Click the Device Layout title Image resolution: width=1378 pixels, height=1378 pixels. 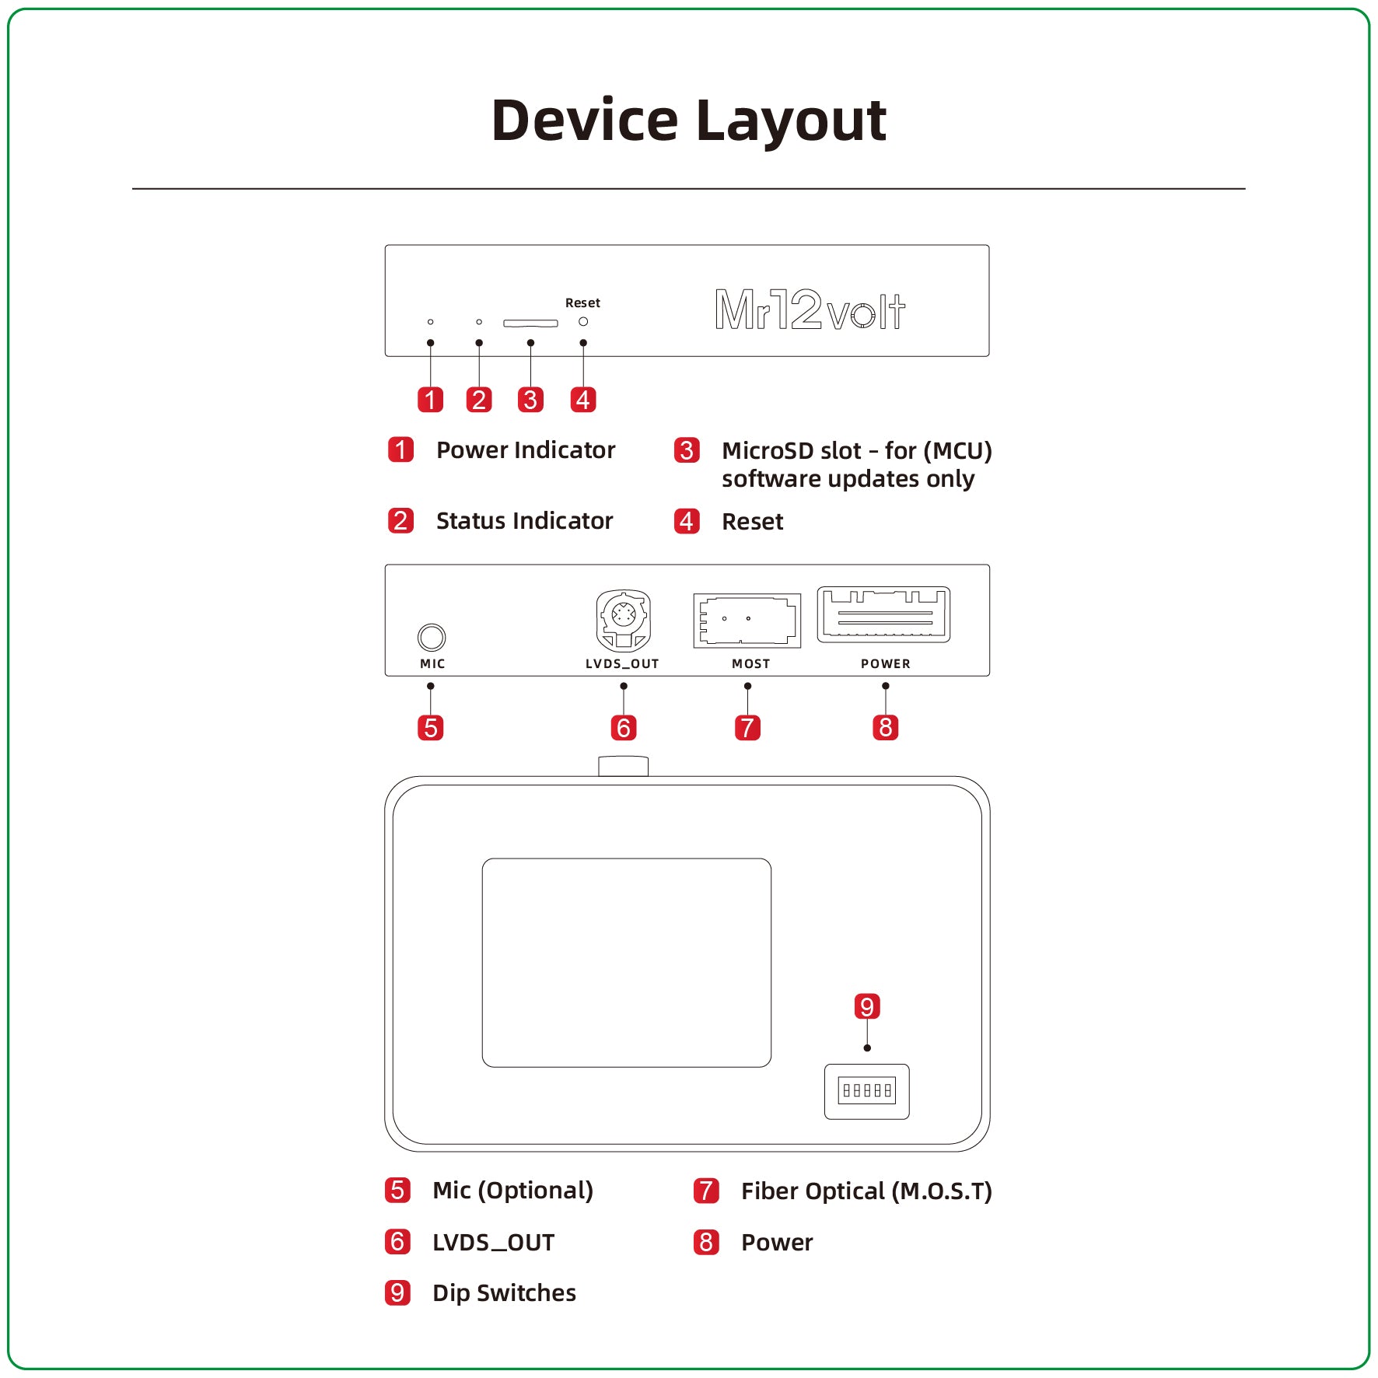pyautogui.click(x=688, y=121)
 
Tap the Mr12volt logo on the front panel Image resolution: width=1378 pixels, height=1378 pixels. pyautogui.click(x=810, y=310)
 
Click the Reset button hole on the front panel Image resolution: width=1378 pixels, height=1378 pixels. pyautogui.click(x=583, y=322)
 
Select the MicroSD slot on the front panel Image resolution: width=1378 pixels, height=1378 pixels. pyautogui.click(x=530, y=323)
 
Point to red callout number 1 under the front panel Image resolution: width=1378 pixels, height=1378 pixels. pyautogui.click(x=430, y=400)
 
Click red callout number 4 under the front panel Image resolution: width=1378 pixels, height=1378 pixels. pyautogui.click(x=583, y=400)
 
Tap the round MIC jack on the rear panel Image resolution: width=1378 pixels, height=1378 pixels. pyautogui.click(x=432, y=637)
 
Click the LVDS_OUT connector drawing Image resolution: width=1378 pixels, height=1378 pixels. pyautogui.click(x=623, y=620)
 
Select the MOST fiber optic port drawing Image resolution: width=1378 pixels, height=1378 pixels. pyautogui.click(x=747, y=620)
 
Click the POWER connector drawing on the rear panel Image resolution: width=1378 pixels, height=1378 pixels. pyautogui.click(x=883, y=614)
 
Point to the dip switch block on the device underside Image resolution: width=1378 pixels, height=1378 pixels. pyautogui.click(x=866, y=1091)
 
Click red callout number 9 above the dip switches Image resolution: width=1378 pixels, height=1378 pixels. pyautogui.click(x=866, y=1006)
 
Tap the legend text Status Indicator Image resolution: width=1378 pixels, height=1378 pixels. pyautogui.click(x=524, y=521)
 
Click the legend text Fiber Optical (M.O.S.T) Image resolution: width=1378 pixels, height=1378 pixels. pyautogui.click(x=866, y=1191)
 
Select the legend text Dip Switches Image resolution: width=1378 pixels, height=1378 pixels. pyautogui.click(x=504, y=1293)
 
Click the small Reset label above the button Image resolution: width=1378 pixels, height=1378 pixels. pyautogui.click(x=582, y=303)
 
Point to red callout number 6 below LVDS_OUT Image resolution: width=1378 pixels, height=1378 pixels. pyautogui.click(x=623, y=728)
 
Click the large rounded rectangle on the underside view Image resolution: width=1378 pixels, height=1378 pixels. pyautogui.click(x=626, y=963)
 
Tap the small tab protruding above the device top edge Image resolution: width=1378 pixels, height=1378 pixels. pyautogui.click(x=623, y=766)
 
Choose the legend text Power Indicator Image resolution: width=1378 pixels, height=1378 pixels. pyautogui.click(x=525, y=450)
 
